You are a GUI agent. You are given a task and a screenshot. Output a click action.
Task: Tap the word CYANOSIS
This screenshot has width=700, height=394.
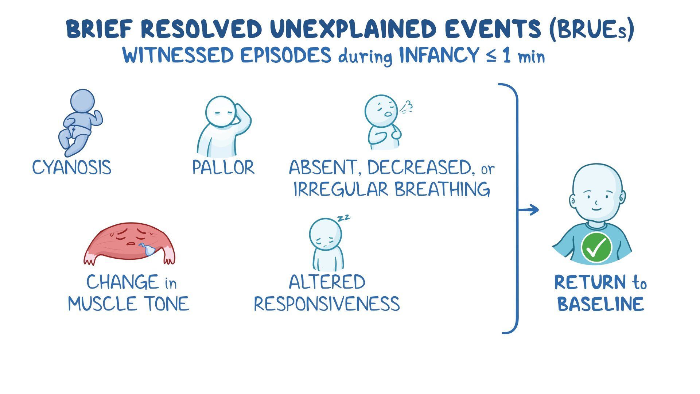pyautogui.click(x=72, y=167)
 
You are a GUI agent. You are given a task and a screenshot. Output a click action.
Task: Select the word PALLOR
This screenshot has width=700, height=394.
pyautogui.click(x=223, y=167)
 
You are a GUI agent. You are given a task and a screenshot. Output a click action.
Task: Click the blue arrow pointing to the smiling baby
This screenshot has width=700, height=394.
pyautogui.click(x=528, y=210)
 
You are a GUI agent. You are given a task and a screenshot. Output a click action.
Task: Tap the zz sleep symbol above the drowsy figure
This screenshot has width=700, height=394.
pyautogui.click(x=343, y=218)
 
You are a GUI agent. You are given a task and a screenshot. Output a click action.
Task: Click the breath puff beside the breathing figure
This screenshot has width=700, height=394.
pyautogui.click(x=407, y=107)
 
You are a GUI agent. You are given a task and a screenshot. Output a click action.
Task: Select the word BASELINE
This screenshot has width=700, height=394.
pyautogui.click(x=600, y=304)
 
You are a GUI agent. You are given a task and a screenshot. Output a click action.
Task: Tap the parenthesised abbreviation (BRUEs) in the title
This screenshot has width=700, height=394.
pyautogui.click(x=592, y=29)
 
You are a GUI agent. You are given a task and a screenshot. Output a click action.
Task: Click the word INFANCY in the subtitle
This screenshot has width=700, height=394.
pyautogui.click(x=439, y=56)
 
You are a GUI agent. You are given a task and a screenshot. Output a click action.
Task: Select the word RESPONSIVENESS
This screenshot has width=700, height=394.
pyautogui.click(x=327, y=304)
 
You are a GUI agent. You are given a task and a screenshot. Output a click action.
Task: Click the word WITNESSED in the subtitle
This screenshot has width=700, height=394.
pyautogui.click(x=178, y=56)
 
